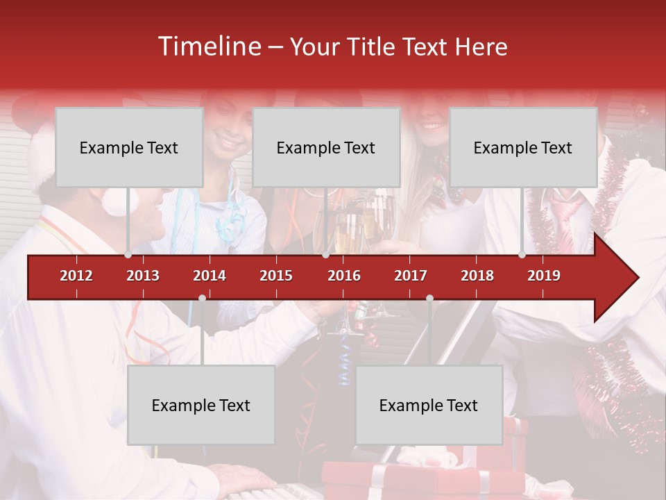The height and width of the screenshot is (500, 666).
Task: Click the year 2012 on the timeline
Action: click(x=76, y=276)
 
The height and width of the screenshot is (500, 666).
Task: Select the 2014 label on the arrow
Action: click(x=210, y=276)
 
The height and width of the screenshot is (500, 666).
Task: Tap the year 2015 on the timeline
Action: click(x=276, y=276)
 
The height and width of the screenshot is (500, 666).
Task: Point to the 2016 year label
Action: click(x=344, y=276)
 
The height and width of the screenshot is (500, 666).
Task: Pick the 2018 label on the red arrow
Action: click(x=477, y=276)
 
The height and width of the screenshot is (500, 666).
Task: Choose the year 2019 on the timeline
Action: click(x=544, y=276)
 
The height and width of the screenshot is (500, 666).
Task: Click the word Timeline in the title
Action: click(x=208, y=47)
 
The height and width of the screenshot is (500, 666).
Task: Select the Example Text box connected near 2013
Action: click(x=128, y=147)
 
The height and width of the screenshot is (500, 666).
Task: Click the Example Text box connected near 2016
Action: click(x=325, y=147)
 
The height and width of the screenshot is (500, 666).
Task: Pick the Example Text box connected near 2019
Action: click(x=522, y=147)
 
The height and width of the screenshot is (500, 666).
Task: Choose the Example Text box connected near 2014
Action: click(x=200, y=405)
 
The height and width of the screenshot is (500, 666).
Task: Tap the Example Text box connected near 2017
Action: click(x=428, y=405)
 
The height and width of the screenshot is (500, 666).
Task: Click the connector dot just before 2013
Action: click(x=128, y=255)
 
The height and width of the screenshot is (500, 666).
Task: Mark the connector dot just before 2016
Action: click(x=325, y=255)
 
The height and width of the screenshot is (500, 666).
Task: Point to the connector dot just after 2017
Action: click(x=429, y=299)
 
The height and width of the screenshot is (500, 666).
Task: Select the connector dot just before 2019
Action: click(x=522, y=255)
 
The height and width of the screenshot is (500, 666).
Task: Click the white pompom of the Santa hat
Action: click(x=115, y=201)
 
